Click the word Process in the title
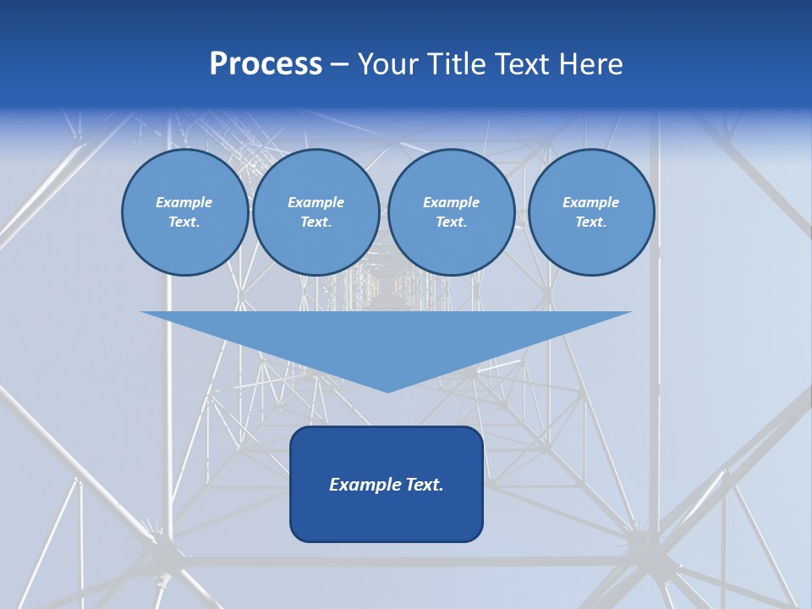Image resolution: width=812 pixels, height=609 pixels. pos(266,64)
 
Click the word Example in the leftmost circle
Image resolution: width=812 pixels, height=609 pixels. pos(184,202)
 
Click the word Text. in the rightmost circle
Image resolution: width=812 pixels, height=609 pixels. pos(590,222)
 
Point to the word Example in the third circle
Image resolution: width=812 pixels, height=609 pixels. pos(451,202)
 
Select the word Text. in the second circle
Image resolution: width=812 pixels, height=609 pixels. pos(315,222)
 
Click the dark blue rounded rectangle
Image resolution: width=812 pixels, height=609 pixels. pos(387,516)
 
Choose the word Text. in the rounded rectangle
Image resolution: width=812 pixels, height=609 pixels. pos(422,485)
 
